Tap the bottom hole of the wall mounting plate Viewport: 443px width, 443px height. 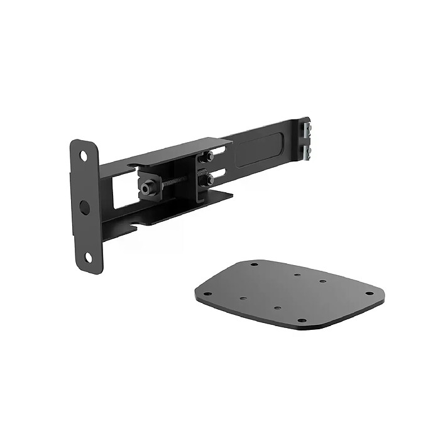click(x=88, y=256)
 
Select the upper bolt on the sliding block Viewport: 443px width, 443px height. click(x=209, y=156)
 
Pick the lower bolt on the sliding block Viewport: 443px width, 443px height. click(x=209, y=180)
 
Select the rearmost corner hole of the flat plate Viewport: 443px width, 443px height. click(x=254, y=264)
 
